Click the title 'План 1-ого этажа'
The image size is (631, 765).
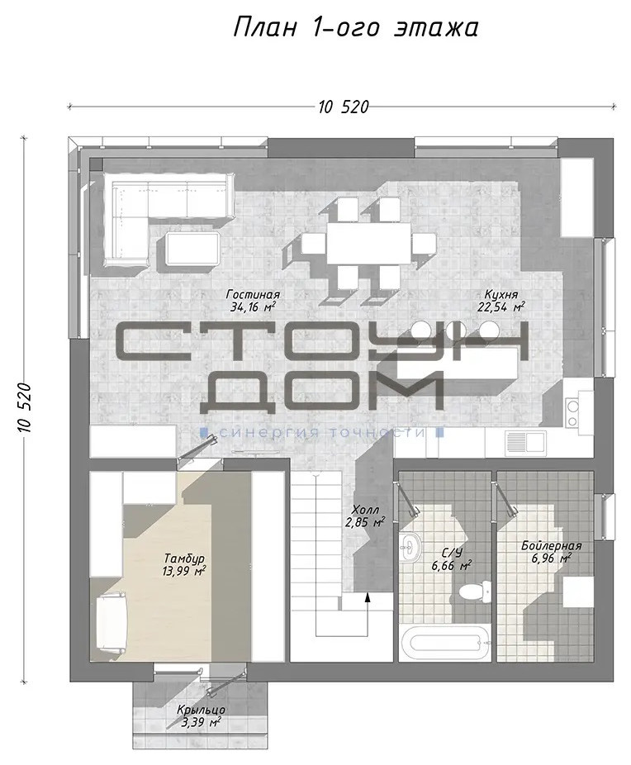pyautogui.click(x=356, y=27)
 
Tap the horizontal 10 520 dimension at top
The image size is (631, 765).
pyautogui.click(x=344, y=107)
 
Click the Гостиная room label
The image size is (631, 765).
pyautogui.click(x=253, y=295)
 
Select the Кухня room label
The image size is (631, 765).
pyautogui.click(x=501, y=294)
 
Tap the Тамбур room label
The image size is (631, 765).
pyautogui.click(x=184, y=558)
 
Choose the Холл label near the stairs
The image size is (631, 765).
pyautogui.click(x=362, y=511)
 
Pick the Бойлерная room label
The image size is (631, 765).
pyautogui.click(x=552, y=546)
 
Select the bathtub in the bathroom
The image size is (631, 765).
pyautogui.click(x=444, y=642)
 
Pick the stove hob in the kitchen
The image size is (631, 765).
pyautogui.click(x=572, y=412)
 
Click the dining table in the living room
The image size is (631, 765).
pyautogui.click(x=368, y=243)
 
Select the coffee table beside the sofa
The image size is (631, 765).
pyautogui.click(x=192, y=249)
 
